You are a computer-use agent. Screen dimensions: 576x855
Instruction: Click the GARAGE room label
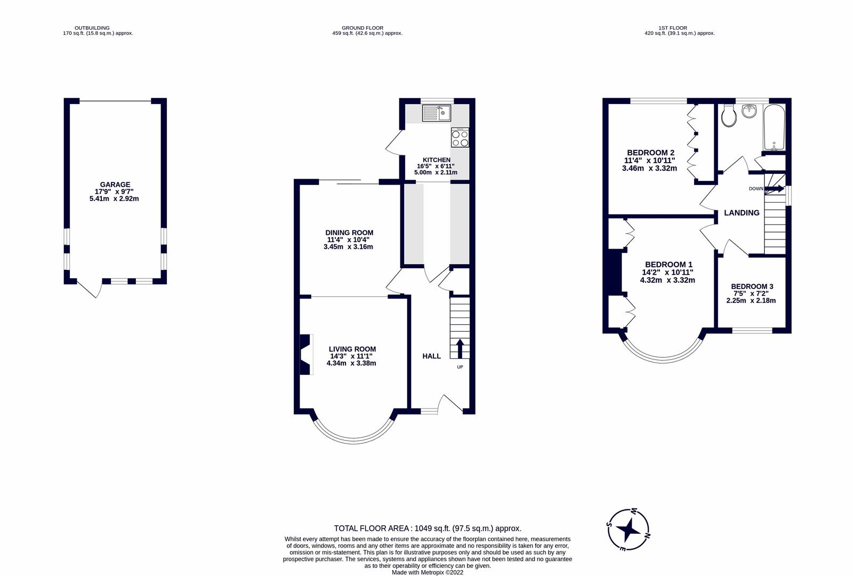point(115,185)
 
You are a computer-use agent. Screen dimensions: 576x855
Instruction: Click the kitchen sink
point(437,113)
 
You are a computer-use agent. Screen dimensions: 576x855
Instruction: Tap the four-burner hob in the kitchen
point(460,138)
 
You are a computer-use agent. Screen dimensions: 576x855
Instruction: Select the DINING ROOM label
point(349,233)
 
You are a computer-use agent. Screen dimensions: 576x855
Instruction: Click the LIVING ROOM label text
point(352,349)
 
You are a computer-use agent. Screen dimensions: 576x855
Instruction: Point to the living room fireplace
point(305,355)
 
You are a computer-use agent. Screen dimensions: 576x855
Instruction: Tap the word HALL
point(431,356)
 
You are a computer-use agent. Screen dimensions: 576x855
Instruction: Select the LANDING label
point(741,213)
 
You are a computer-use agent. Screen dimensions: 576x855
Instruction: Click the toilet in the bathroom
point(728,116)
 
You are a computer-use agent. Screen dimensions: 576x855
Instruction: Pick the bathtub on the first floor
point(774,128)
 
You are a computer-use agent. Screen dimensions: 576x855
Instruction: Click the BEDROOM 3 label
point(752,286)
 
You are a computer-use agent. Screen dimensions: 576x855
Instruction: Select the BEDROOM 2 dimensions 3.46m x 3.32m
point(649,169)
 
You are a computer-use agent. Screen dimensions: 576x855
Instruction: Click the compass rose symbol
point(629,530)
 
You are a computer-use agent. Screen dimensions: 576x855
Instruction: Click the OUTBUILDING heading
point(92,28)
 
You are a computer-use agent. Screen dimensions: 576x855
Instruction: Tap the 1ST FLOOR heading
point(672,28)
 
